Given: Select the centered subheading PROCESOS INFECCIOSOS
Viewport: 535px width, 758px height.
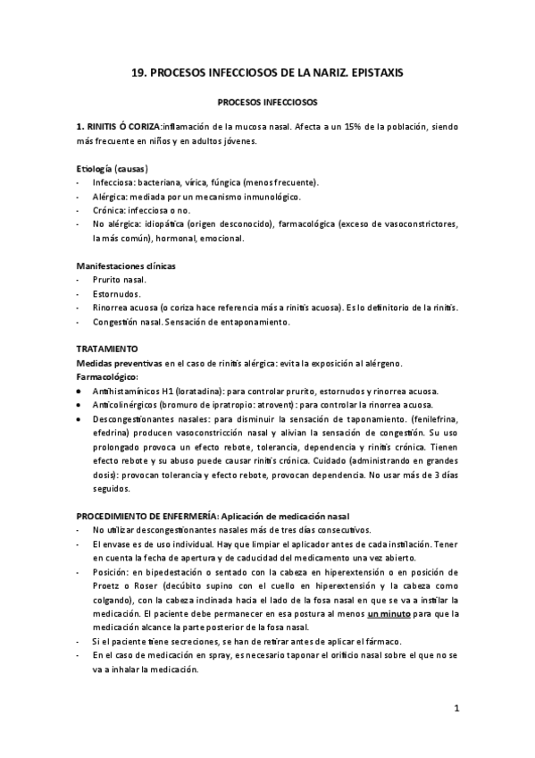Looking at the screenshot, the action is point(268,104).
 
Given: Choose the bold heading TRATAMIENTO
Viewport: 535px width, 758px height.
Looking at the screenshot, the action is point(107,348).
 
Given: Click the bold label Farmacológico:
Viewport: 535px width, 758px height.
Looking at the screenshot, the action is point(107,376).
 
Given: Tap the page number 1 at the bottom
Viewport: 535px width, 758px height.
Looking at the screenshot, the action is point(456,709).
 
